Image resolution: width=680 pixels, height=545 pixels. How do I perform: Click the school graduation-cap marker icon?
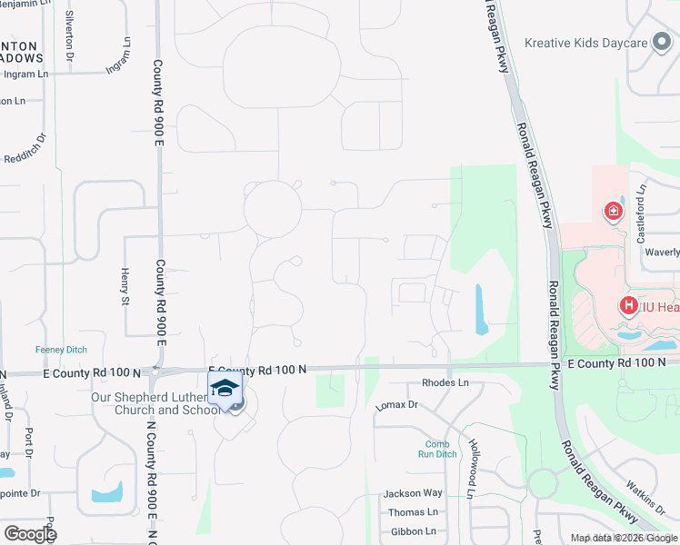[x=225, y=389]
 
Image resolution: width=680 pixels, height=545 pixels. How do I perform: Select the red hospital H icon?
[x=628, y=306]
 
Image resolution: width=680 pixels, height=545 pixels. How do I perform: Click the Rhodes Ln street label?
[x=445, y=383]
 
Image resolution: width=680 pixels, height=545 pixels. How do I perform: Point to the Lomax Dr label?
[x=396, y=405]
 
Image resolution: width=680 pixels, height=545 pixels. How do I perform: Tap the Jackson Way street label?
[x=413, y=493]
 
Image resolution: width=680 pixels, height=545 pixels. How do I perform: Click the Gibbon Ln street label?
[x=413, y=531]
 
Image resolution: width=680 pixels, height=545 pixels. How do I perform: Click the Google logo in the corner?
[x=30, y=534]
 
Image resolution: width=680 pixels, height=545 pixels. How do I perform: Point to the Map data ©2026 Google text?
[x=624, y=538]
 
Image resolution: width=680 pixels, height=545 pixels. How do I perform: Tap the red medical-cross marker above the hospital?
[x=614, y=212]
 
